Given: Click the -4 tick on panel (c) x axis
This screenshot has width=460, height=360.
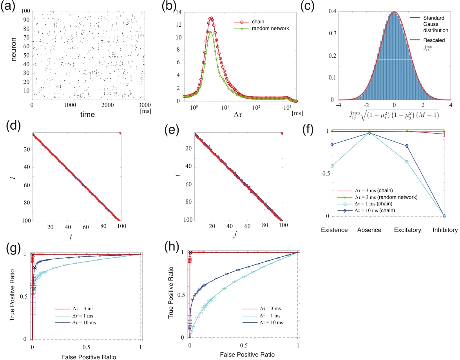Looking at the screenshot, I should point(339,105).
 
